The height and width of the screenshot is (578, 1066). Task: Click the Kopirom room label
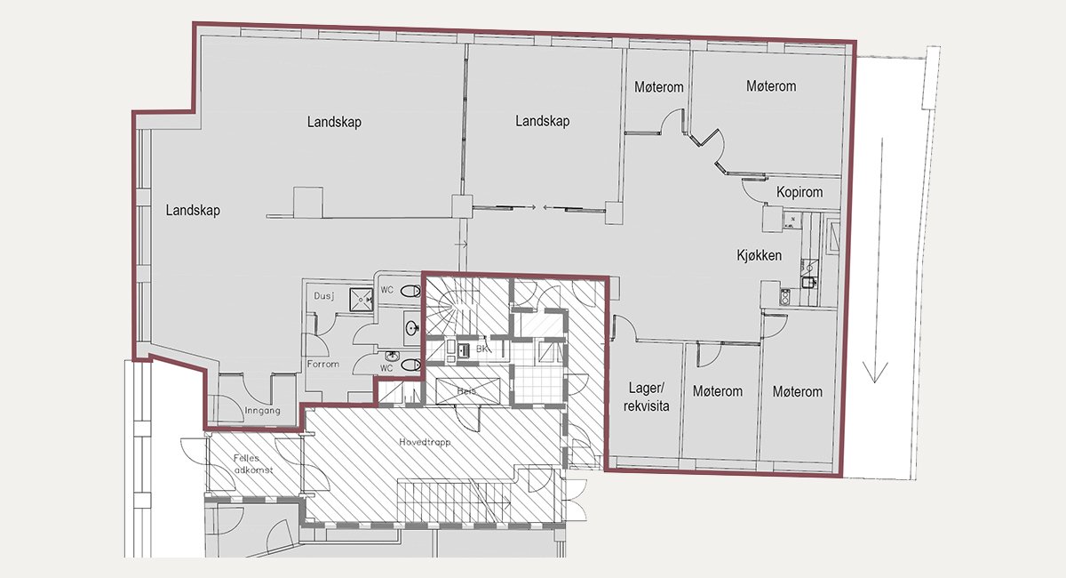coord(799,192)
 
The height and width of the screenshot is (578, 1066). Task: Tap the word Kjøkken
coord(759,255)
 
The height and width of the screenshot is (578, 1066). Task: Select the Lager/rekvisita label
coord(647,397)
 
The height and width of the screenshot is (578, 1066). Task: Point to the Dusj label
coord(324,296)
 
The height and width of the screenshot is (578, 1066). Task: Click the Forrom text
coord(323,364)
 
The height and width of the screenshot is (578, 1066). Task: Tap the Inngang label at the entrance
coord(262,410)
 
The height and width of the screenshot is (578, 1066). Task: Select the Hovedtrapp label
coord(425,442)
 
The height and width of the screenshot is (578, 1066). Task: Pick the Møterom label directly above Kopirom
coord(771,86)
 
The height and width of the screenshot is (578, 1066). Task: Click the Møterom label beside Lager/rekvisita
coord(717,391)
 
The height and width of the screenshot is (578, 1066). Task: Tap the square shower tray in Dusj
coord(362,300)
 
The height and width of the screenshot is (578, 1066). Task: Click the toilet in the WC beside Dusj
coord(410,291)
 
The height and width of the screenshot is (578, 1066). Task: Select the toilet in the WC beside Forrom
coord(410,365)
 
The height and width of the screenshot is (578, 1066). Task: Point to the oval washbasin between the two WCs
coord(412,328)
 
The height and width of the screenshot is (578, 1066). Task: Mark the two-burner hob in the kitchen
coord(784,297)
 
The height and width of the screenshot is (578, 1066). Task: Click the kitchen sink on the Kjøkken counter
coord(809,282)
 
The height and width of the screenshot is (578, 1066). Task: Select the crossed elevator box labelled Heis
coord(468,391)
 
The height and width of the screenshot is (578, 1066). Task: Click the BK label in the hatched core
coord(481,349)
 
